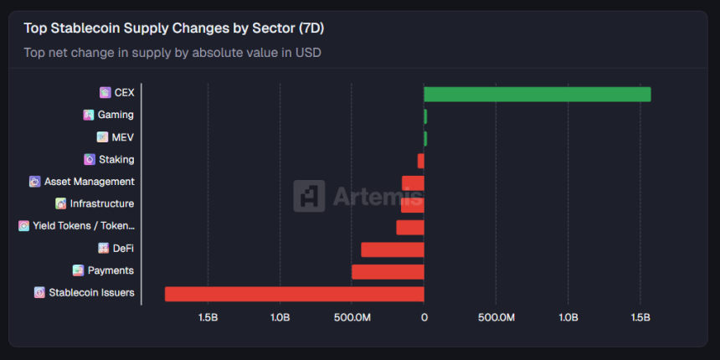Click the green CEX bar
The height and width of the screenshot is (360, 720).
pyautogui.click(x=537, y=94)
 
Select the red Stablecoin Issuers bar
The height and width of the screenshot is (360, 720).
pyautogui.click(x=295, y=293)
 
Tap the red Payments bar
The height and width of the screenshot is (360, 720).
pyautogui.click(x=388, y=271)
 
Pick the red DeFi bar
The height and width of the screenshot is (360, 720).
pyautogui.click(x=393, y=249)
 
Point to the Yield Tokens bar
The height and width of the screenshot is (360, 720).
pyautogui.click(x=410, y=227)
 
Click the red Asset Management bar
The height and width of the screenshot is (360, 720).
pyautogui.click(x=413, y=183)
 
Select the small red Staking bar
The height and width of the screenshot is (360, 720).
pyautogui.click(x=421, y=160)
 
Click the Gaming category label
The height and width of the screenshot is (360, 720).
pyautogui.click(x=116, y=115)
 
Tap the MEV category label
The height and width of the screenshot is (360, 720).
pyautogui.click(x=122, y=137)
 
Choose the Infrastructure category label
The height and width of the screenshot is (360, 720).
pyautogui.click(x=101, y=203)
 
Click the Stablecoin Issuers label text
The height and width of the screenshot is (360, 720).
pyautogui.click(x=91, y=293)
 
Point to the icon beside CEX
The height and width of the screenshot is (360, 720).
pyautogui.click(x=105, y=92)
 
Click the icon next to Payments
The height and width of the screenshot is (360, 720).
pyautogui.click(x=78, y=270)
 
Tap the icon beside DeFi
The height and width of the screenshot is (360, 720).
pyautogui.click(x=103, y=248)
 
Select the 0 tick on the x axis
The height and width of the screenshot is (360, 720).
pyautogui.click(x=424, y=318)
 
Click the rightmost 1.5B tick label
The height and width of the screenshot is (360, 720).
pyautogui.click(x=640, y=318)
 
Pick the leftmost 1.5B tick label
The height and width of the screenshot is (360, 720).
pyautogui.click(x=208, y=318)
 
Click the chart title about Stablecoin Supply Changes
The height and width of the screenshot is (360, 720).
pyautogui.click(x=174, y=28)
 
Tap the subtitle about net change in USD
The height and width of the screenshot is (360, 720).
pyautogui.click(x=172, y=53)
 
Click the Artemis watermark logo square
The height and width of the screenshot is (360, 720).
pyautogui.click(x=309, y=196)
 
